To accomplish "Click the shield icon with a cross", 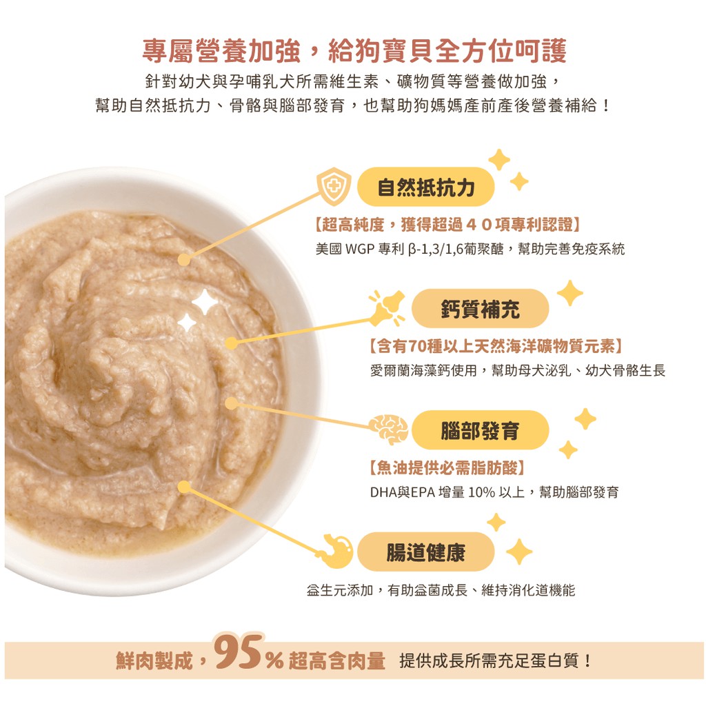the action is pos(334,186).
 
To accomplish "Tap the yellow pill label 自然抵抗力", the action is pos(425,187).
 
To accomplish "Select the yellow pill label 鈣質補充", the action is pos(480,308).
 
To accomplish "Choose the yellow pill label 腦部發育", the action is pos(480,430).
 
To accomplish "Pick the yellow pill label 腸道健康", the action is pos(425,552).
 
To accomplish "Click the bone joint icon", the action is pos(387,308).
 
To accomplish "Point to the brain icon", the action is pos(389,430).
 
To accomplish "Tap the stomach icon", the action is pos(336,551).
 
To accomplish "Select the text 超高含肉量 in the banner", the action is pos(336,661).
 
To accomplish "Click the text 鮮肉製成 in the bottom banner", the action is pos(154,661).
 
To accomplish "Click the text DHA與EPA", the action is pos(403,492).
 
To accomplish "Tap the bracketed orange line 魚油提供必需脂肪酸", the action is pos(447,468).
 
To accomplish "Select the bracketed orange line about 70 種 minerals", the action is pos(496,346).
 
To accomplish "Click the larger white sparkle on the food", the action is pos(205,302).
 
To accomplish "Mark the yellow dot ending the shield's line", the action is pos(183,260).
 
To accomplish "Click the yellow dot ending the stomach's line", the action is pos(183,486).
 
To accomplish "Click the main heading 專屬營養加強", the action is pos(221,51).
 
